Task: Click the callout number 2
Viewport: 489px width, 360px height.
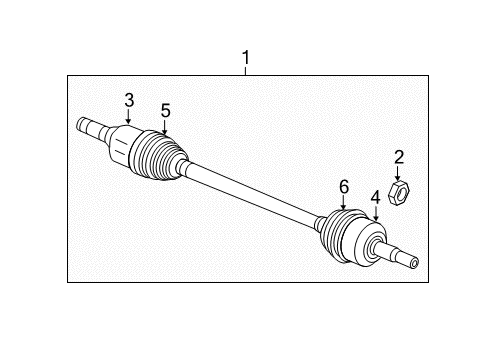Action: coord(398,156)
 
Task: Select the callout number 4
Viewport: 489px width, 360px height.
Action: coord(376,197)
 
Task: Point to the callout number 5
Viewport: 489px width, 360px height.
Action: coord(165,110)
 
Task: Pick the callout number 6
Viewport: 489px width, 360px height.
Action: coord(342,186)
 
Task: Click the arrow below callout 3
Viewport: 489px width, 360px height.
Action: coord(129,117)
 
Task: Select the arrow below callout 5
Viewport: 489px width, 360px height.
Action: coord(165,128)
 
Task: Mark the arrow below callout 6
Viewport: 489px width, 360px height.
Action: coord(342,203)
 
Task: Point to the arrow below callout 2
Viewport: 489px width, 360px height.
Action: coord(398,171)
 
